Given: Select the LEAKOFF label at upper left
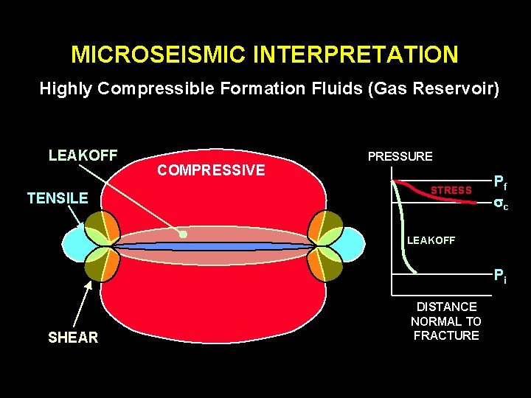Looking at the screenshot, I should tap(83, 155).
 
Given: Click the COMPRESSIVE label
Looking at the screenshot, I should tap(211, 170).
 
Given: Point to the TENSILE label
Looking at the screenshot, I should tap(58, 198).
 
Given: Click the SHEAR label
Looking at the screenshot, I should tap(72, 338).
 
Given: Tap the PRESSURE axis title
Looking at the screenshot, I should tap(400, 156).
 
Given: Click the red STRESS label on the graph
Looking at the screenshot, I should tap(451, 191).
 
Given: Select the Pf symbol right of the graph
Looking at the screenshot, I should tap(500, 181).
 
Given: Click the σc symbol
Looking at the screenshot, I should tap(500, 203).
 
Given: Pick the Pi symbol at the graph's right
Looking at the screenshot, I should tap(500, 277).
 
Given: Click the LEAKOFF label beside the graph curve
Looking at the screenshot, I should tap(431, 240).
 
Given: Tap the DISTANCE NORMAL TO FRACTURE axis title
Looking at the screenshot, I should tap(446, 321).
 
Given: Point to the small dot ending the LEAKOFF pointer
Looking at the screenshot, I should tap(184, 235).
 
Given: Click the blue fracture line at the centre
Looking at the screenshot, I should tap(214, 246).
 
